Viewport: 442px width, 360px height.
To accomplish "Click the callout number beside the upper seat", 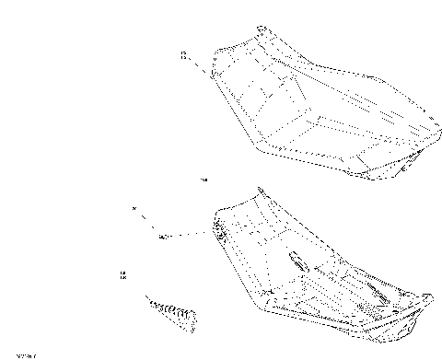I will (x=184, y=57).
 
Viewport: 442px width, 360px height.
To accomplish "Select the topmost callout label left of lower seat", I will (x=134, y=210).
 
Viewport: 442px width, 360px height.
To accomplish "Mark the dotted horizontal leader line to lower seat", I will (x=189, y=235).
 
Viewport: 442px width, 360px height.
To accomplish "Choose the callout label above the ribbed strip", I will (x=123, y=274).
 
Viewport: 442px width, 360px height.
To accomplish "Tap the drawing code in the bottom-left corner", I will (x=13, y=353).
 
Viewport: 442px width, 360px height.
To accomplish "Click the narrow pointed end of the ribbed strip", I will (x=147, y=300).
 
